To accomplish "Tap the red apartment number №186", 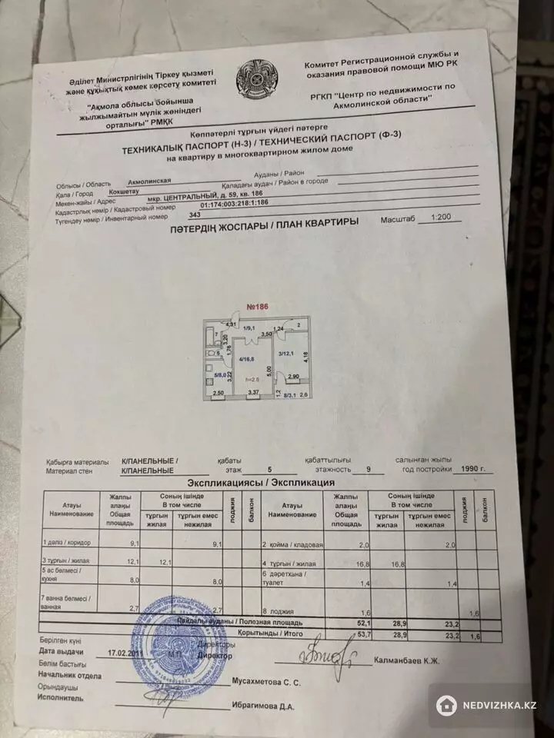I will point(255,306).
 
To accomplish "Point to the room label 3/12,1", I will point(288,353).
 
